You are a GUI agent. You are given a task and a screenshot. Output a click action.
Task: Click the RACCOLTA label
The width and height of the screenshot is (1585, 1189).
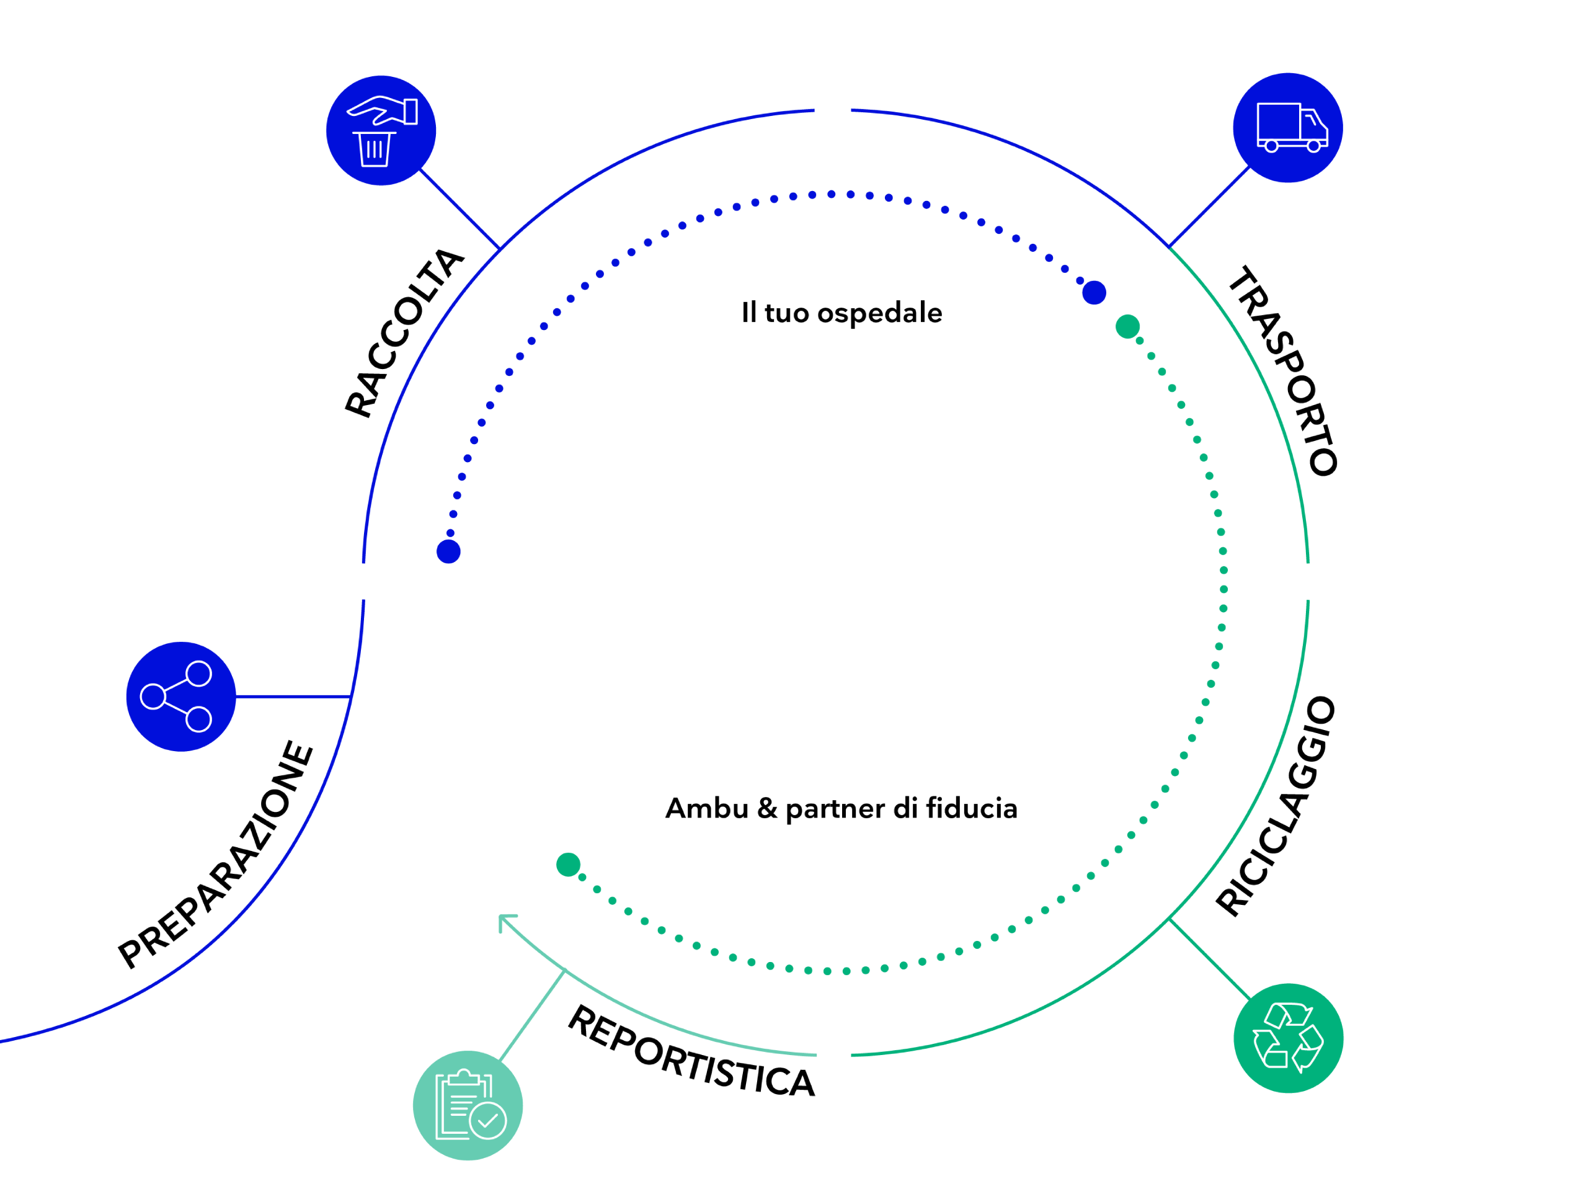pos(404,333)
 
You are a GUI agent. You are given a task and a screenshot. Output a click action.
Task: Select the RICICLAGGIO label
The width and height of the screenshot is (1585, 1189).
pos(1276,806)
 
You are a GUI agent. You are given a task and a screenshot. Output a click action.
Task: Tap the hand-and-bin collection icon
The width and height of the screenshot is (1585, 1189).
pos(381,131)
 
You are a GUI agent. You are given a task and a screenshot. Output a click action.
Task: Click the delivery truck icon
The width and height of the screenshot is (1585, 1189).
pos(1287,128)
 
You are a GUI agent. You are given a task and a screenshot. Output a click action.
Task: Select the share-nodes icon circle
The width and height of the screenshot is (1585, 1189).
pos(180,697)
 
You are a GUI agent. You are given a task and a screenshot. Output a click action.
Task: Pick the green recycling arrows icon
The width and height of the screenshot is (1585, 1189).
pos(1287,1038)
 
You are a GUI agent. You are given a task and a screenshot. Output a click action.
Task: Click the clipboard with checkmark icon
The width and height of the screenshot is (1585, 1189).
pos(467,1105)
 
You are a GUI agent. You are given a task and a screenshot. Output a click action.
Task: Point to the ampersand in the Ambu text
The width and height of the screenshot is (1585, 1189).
pos(766,808)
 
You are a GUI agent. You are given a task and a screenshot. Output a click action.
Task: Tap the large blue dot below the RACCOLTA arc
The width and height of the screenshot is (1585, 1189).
pos(448,552)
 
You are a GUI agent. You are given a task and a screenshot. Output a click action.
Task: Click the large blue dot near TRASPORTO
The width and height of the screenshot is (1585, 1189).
pos(1093,292)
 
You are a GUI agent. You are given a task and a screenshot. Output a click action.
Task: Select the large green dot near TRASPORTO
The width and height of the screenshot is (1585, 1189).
pos(1128,327)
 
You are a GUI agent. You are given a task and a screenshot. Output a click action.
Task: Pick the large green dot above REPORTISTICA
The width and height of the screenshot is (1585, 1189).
pos(568,865)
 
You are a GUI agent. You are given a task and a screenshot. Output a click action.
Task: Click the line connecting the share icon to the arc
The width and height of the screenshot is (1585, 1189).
pos(294,696)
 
